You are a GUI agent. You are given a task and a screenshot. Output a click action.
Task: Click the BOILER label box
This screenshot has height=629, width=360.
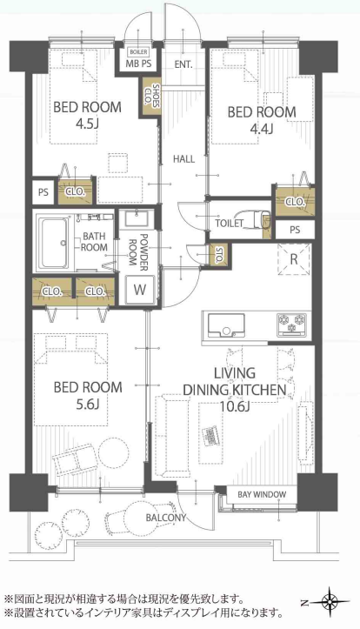(x=138, y=51)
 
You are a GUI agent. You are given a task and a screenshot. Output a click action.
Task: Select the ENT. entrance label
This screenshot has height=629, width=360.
(x=183, y=64)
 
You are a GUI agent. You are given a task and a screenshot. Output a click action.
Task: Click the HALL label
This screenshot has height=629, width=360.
(x=184, y=159)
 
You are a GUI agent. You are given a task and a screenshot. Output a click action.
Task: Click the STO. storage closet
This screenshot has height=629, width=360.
(x=218, y=254)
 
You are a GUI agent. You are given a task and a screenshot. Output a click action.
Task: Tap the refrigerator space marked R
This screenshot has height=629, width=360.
(x=294, y=259)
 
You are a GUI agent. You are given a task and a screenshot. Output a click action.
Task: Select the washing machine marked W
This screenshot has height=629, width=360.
(x=140, y=289)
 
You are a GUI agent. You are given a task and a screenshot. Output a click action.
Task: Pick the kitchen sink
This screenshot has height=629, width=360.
(x=226, y=325)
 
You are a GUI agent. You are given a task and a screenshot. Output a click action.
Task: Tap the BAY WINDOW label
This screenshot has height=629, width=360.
(x=263, y=494)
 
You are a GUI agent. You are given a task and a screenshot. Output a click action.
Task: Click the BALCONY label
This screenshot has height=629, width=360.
(x=166, y=518)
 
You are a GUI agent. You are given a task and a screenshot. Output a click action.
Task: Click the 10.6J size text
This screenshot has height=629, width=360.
(x=235, y=406)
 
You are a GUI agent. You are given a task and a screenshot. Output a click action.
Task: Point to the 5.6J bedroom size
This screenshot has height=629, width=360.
(x=88, y=405)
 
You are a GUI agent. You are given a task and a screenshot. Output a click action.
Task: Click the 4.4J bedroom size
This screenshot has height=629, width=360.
(x=262, y=129)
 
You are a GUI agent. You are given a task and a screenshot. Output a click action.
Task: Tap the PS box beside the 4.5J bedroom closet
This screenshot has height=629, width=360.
(x=43, y=191)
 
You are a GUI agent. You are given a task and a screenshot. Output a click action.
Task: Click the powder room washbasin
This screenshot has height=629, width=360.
(x=137, y=219)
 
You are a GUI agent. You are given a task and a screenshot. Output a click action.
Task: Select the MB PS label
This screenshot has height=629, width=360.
(x=138, y=64)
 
